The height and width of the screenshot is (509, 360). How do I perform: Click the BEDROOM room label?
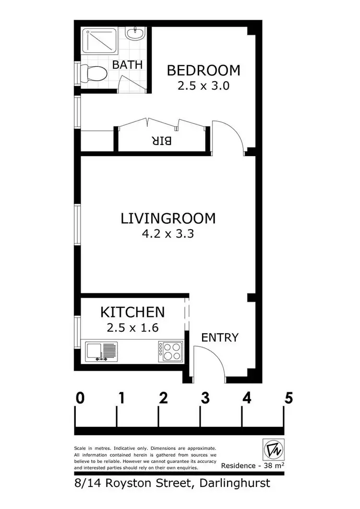coord(203,71)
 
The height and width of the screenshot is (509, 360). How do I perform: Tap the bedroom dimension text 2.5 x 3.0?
coord(203,86)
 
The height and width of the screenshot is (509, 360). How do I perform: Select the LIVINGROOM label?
coord(168,218)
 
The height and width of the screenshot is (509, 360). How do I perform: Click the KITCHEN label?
coord(132,312)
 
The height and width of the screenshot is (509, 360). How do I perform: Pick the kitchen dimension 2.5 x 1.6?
coord(132,328)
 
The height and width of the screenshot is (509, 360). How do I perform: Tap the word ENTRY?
coord(219,337)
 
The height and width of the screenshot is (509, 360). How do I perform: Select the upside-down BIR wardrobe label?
coord(162,141)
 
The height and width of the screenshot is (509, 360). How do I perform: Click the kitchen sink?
coord(101,351)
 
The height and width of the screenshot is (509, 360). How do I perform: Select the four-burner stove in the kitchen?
coord(170,351)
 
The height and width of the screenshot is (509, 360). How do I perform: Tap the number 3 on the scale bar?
coord(205,398)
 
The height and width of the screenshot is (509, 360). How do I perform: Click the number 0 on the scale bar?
coord(80,398)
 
